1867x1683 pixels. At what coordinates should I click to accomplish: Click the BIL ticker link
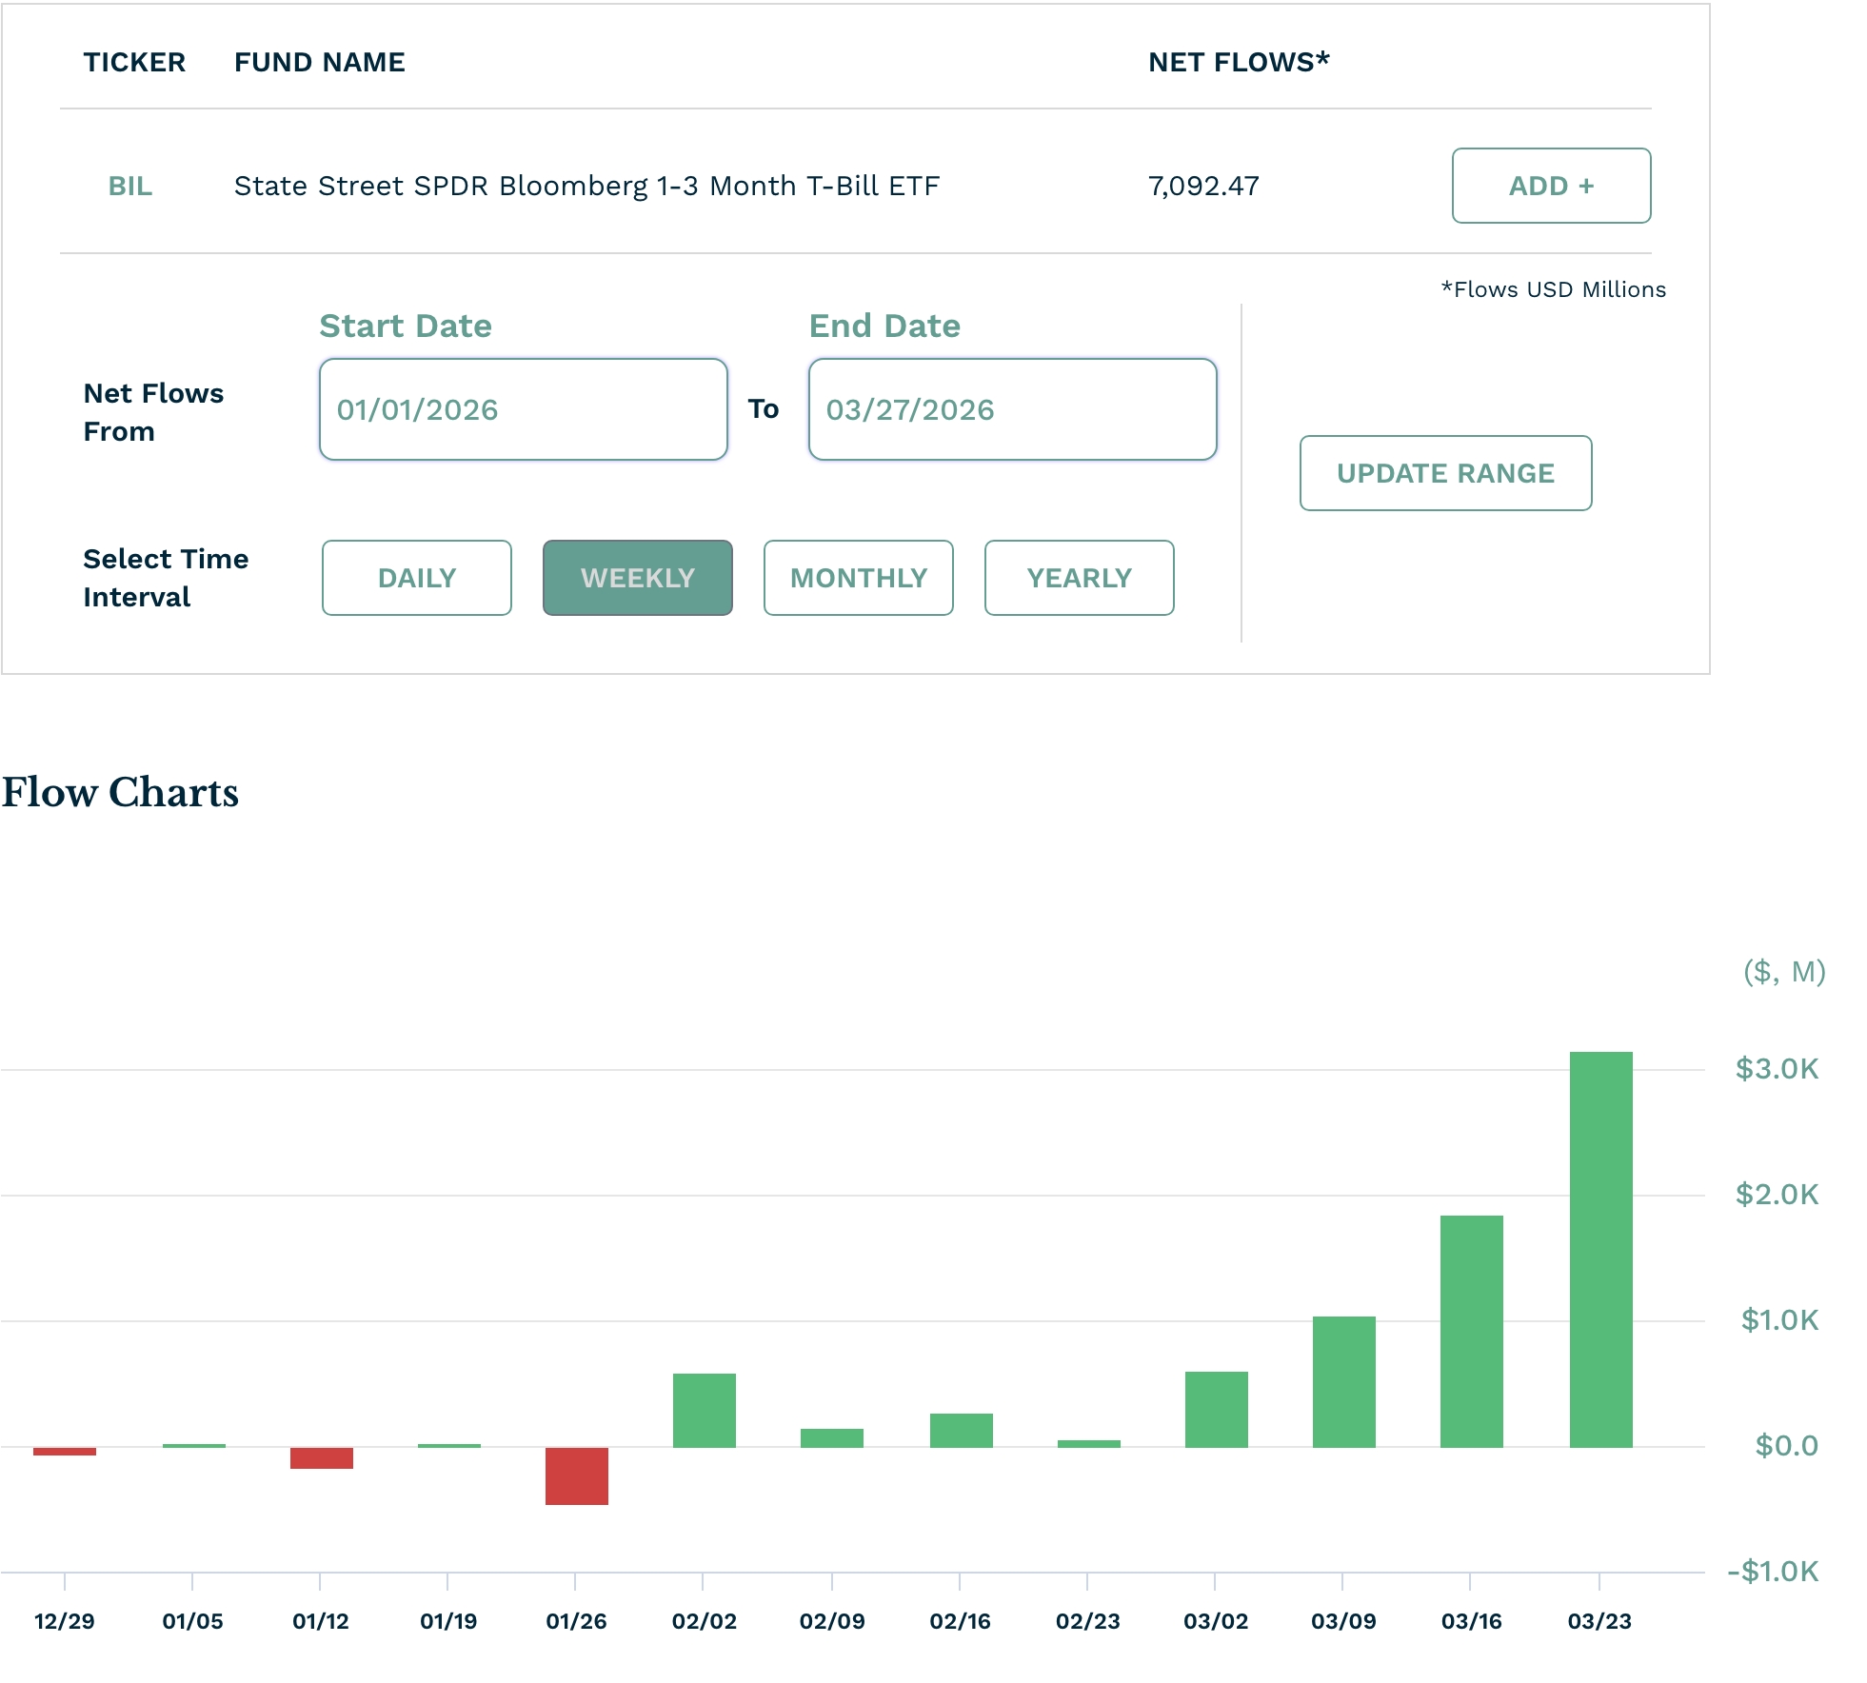(130, 186)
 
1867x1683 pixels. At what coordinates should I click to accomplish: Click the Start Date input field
(523, 409)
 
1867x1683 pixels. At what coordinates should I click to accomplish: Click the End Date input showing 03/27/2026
(1012, 409)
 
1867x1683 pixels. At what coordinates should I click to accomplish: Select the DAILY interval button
(417, 578)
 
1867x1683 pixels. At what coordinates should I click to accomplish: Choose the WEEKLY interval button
(638, 578)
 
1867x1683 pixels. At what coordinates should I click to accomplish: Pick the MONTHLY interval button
(859, 578)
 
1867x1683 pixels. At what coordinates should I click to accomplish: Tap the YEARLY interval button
(1079, 578)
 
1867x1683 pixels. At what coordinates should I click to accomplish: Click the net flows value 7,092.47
(1203, 186)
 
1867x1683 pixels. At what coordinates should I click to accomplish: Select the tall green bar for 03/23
(1600, 1249)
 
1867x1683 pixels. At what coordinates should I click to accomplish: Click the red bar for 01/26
(576, 1475)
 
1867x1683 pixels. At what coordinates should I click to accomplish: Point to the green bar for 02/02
(704, 1410)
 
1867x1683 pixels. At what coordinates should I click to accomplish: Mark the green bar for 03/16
(1471, 1331)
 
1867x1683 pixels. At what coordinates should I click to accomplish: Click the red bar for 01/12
(321, 1457)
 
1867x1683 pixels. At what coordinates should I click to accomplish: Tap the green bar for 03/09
(1343, 1381)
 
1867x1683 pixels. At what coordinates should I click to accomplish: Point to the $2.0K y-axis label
(1777, 1194)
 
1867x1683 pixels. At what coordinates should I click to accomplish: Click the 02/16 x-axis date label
(960, 1621)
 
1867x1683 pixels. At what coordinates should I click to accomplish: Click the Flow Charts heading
(120, 792)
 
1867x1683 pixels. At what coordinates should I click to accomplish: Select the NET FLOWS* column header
(1239, 62)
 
